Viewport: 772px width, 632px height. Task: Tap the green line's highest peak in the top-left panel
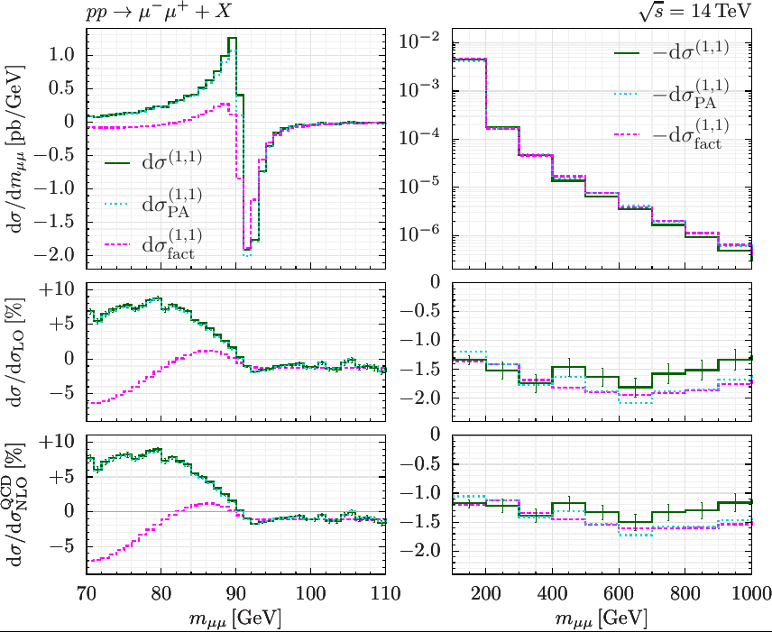tap(232, 39)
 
